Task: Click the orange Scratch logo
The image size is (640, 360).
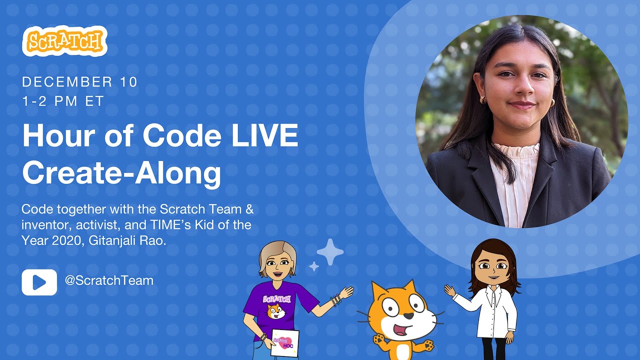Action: tap(64, 41)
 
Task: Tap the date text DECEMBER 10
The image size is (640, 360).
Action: tap(79, 82)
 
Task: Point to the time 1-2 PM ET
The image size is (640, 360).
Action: tap(63, 101)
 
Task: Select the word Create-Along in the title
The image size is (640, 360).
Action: tap(121, 173)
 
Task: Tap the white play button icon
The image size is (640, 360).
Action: tap(39, 282)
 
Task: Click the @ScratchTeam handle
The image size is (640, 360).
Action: tap(108, 281)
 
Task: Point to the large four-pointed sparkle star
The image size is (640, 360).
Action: tap(330, 252)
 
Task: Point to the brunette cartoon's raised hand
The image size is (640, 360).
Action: tap(450, 290)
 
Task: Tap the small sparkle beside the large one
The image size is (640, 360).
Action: tap(314, 266)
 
